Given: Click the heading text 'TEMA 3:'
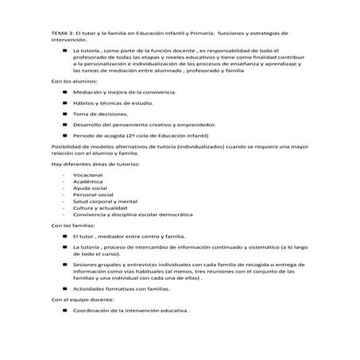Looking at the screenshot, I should [63, 35].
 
